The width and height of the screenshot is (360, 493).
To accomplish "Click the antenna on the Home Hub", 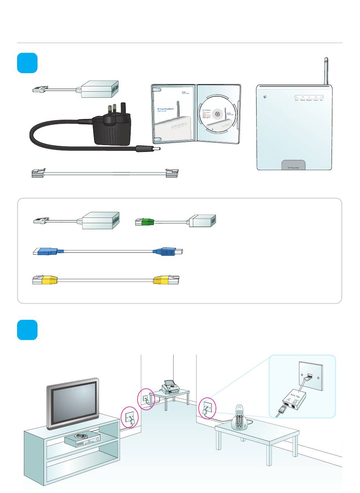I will pos(326,71).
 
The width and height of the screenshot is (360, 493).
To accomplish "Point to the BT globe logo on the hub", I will pos(265,96).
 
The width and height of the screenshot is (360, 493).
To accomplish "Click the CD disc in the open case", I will pos(218,114).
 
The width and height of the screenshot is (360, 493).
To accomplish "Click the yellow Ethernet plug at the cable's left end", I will pos(49,280).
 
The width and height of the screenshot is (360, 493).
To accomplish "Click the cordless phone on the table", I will pos(240,418).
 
